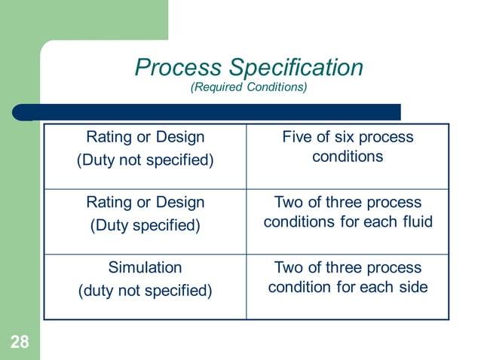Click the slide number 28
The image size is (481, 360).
pos(20,343)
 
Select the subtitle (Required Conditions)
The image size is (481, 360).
pos(249,89)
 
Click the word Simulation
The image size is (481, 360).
pos(146,267)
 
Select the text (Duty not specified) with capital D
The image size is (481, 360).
pos(146,160)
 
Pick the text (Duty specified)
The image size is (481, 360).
pos(146,225)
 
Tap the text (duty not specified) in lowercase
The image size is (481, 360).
pos(146,291)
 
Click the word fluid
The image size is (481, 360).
pos(416,222)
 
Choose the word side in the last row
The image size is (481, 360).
pos(414,287)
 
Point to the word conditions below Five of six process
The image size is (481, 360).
pos(348,157)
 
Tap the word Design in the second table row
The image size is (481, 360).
pos(180,203)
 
